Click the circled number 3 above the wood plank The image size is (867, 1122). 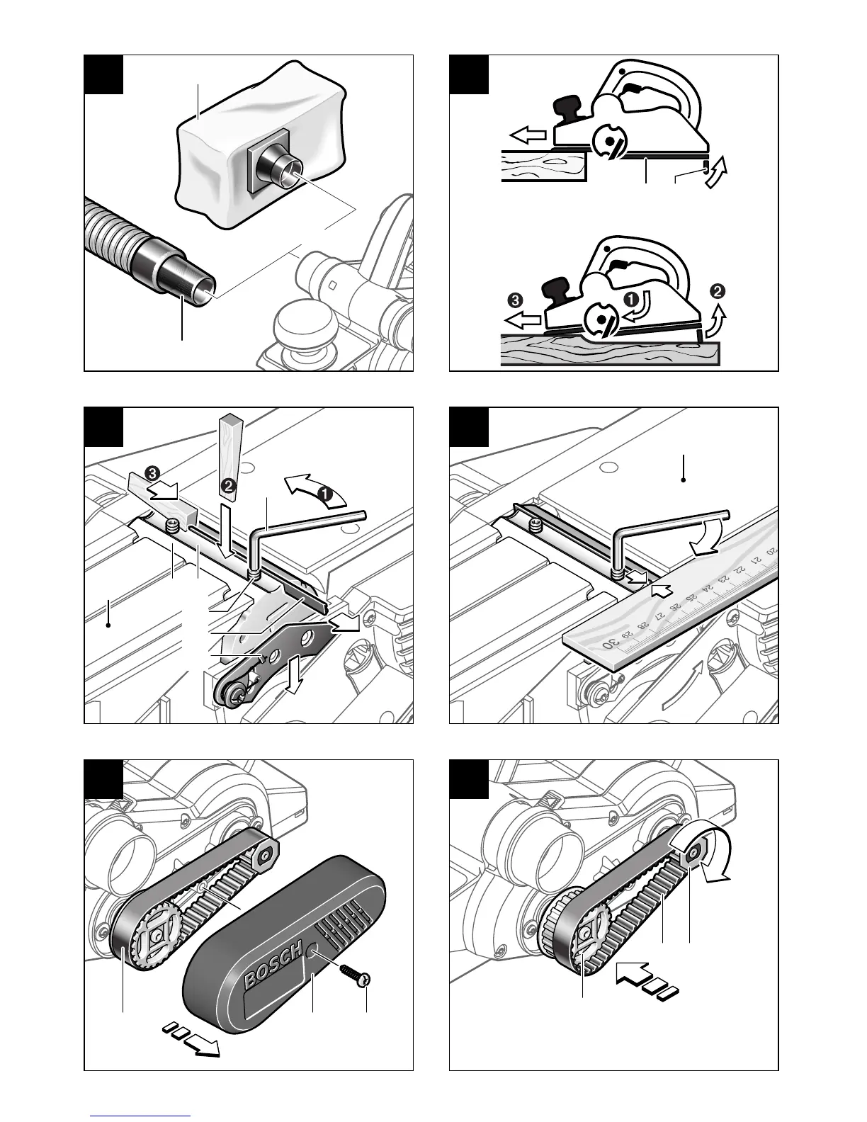(514, 300)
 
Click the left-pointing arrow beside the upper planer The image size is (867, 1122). (528, 133)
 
